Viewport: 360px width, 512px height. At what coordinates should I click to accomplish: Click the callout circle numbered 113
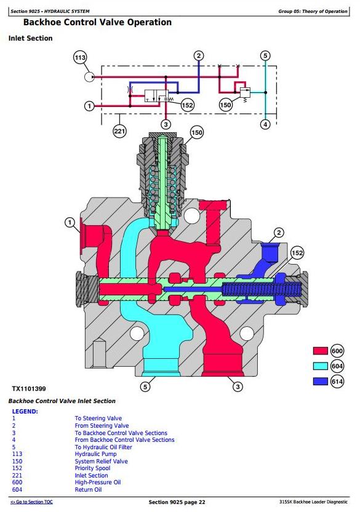click(x=80, y=58)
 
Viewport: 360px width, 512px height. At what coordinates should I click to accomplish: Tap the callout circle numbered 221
click(x=119, y=131)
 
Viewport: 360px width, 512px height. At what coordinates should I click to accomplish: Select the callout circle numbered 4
click(x=265, y=124)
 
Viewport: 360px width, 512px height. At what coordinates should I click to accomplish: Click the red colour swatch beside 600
click(x=320, y=351)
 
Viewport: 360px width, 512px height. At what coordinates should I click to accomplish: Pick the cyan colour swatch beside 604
click(x=320, y=366)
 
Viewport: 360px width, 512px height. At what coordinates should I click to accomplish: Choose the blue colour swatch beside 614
click(x=320, y=381)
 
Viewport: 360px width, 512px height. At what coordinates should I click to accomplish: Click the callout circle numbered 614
click(x=337, y=381)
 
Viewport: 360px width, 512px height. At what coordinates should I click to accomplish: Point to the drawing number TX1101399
click(x=29, y=388)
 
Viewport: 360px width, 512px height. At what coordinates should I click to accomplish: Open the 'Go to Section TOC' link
click(x=31, y=502)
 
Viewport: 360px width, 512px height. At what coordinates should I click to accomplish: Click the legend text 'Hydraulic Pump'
click(x=96, y=454)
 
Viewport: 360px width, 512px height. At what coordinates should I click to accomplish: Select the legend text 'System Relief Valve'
click(x=102, y=461)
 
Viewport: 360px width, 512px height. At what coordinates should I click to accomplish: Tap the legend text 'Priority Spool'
click(x=92, y=468)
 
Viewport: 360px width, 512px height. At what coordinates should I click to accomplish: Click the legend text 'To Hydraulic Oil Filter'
click(x=103, y=447)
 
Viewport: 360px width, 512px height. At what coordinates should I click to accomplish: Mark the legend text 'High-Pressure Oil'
click(x=98, y=482)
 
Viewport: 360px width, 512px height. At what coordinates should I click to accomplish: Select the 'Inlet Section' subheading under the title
click(x=30, y=38)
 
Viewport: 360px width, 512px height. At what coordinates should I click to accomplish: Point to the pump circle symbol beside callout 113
click(x=89, y=77)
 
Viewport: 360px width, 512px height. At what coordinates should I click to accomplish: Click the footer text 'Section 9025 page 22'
click(x=177, y=502)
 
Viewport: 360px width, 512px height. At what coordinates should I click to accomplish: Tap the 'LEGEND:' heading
click(x=25, y=412)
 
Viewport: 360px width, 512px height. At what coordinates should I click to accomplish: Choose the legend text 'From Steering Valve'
click(x=102, y=425)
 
